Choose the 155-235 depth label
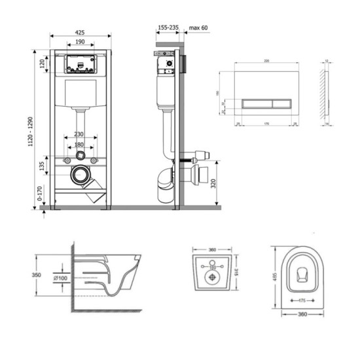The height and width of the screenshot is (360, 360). click(x=168, y=29)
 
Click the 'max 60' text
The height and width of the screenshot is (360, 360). click(x=199, y=29)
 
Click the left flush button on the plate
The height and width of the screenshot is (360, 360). click(x=255, y=103)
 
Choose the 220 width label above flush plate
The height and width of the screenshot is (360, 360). click(x=267, y=60)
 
